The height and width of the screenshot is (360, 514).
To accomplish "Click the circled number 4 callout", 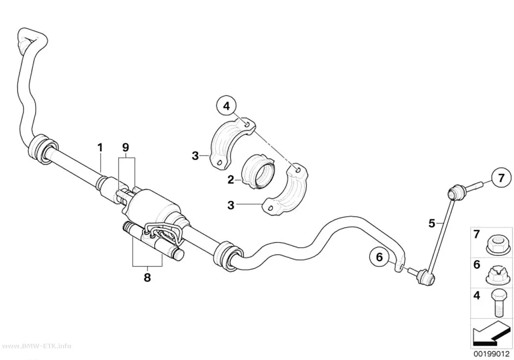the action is pyautogui.click(x=227, y=106).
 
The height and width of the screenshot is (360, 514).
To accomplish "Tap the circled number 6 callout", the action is pyautogui.click(x=379, y=257).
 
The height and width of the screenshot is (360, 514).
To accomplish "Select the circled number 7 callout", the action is pyautogui.click(x=501, y=179).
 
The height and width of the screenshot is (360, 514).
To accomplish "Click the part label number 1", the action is pyautogui.click(x=100, y=147).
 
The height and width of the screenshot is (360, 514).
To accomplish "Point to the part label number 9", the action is pyautogui.click(x=126, y=147).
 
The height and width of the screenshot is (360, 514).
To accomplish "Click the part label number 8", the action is pyautogui.click(x=147, y=278).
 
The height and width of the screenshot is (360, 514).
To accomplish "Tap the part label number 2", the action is pyautogui.click(x=231, y=180).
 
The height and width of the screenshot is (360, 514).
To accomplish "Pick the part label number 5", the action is pyautogui.click(x=432, y=224).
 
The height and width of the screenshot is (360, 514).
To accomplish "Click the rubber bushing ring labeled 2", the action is pyautogui.click(x=258, y=172).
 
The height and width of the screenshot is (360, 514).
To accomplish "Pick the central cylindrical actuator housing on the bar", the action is pyautogui.click(x=152, y=207).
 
